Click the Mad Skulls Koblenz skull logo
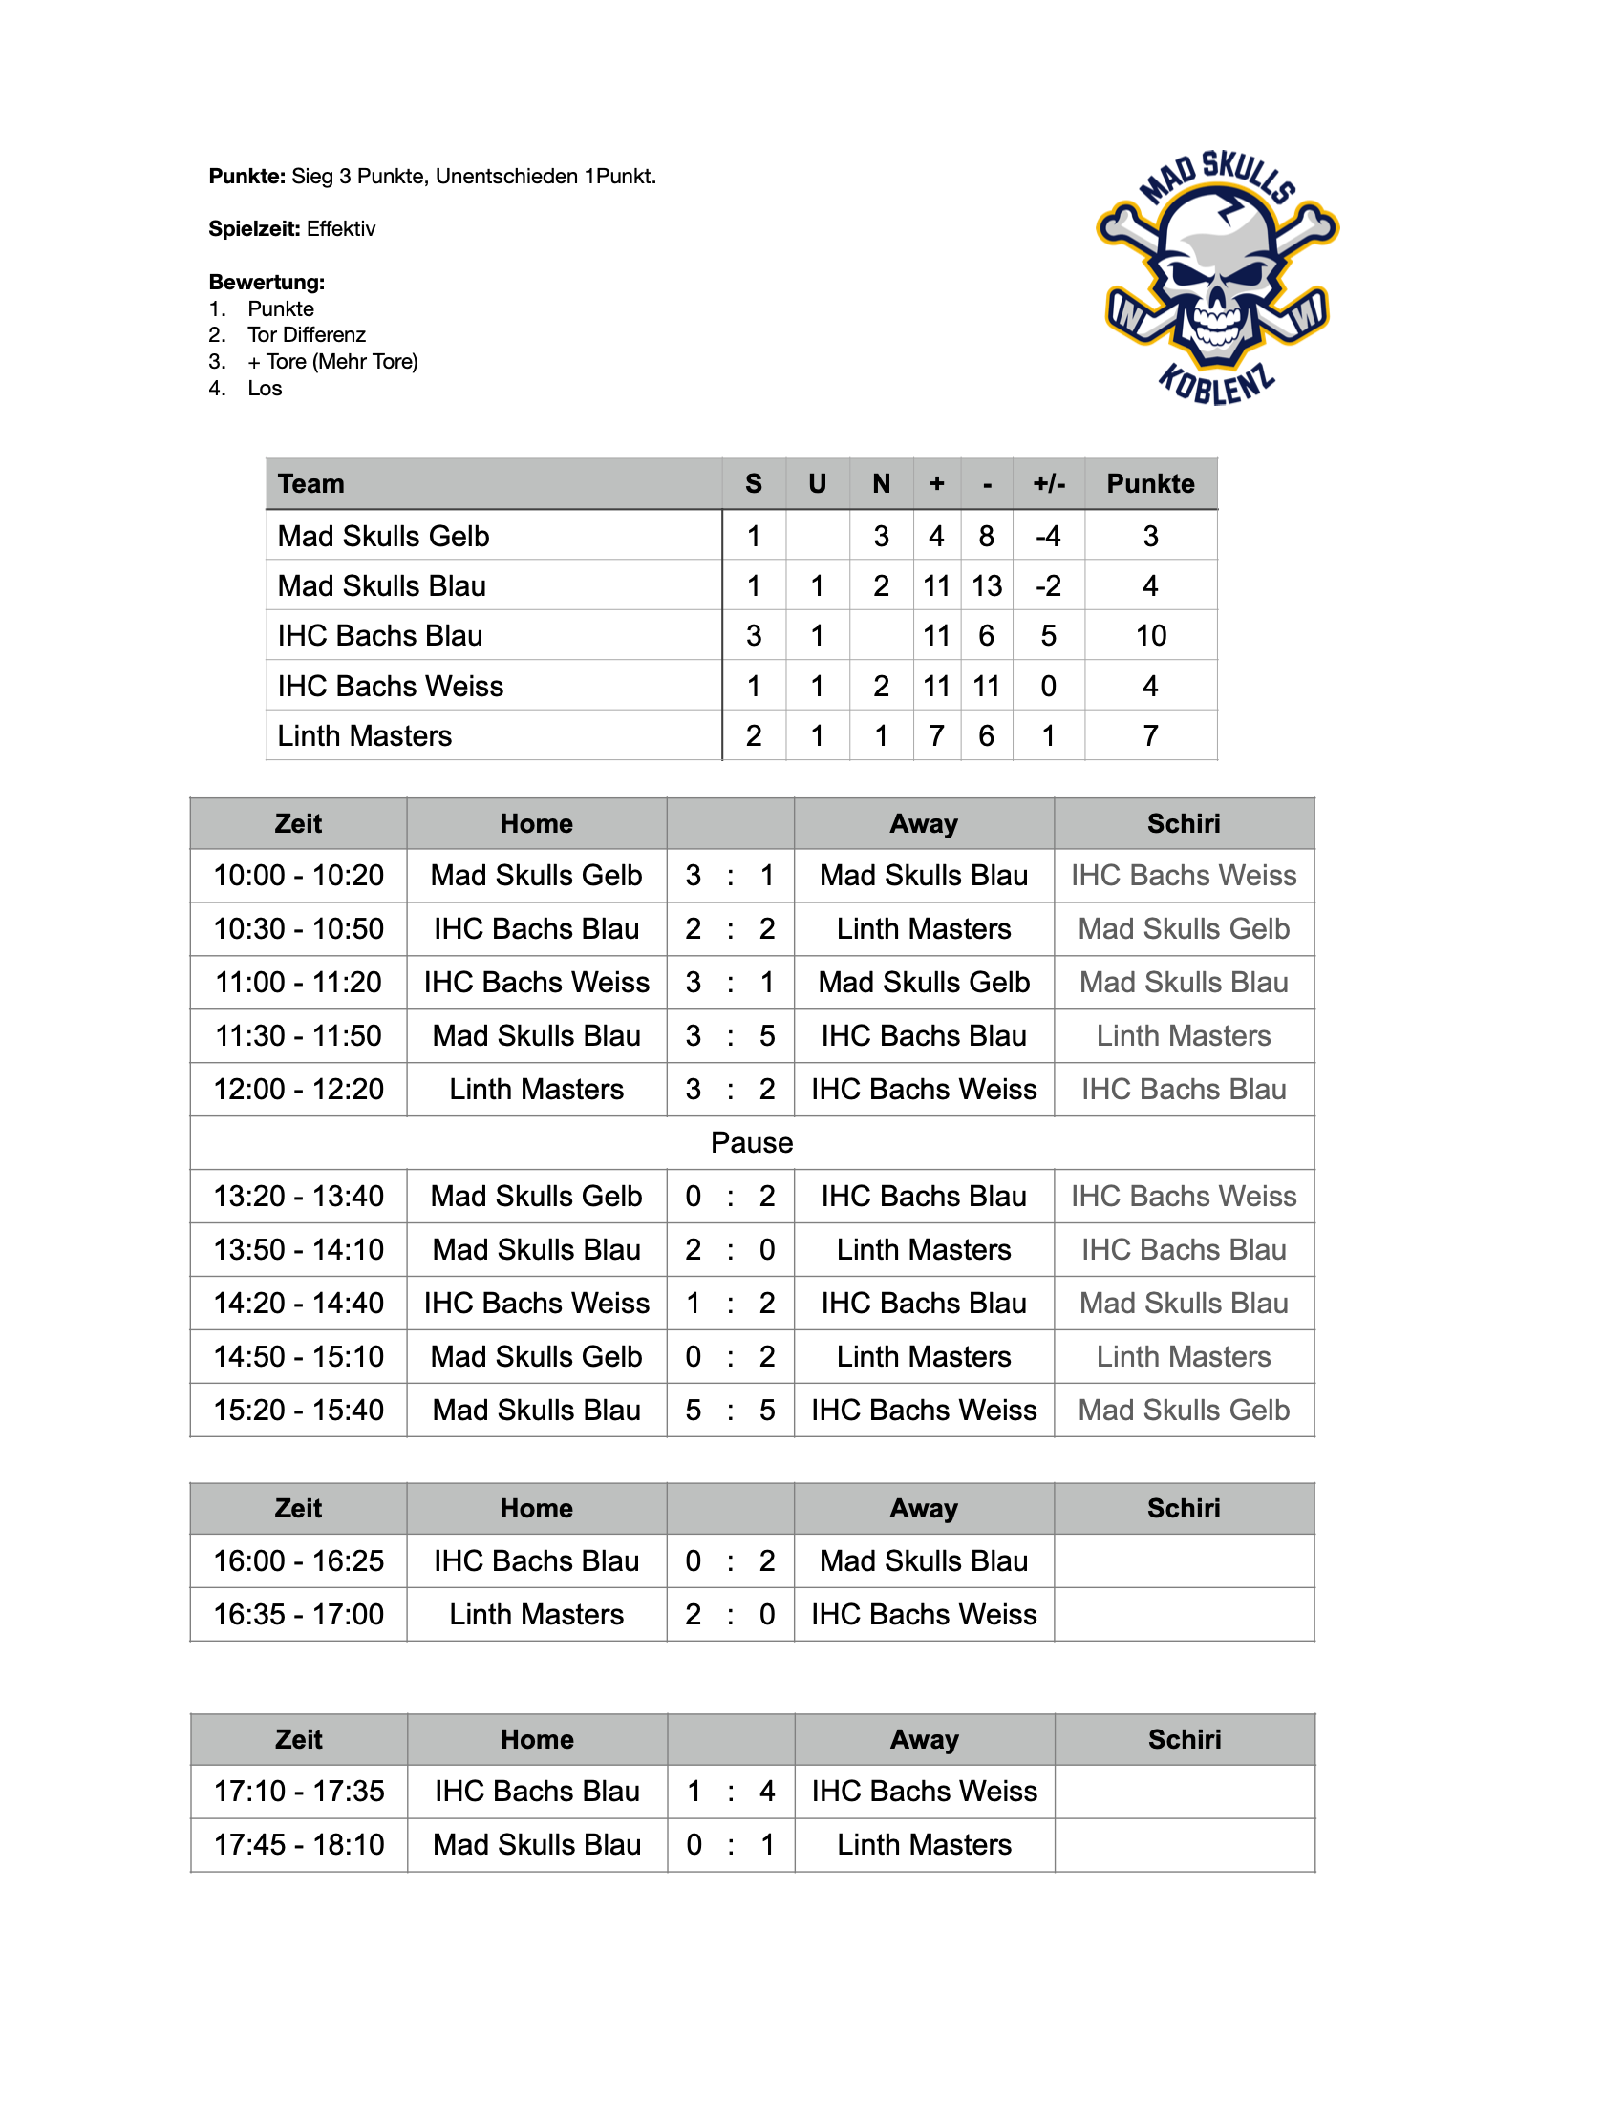(1217, 277)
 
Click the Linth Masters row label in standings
(365, 736)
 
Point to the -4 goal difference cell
(1048, 537)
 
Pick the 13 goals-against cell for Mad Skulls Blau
(986, 585)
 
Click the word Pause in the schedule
(752, 1143)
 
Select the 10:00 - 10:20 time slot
(298, 876)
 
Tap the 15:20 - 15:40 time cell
(298, 1411)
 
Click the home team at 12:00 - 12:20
(536, 1089)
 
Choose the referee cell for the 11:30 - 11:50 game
(1184, 1036)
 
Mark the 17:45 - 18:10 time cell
(298, 1845)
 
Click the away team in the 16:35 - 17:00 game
(924, 1614)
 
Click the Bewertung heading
(267, 282)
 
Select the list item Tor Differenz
(306, 335)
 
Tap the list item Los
(265, 389)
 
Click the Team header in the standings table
(310, 484)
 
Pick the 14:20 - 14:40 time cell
(298, 1304)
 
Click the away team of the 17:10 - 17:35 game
(924, 1792)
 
